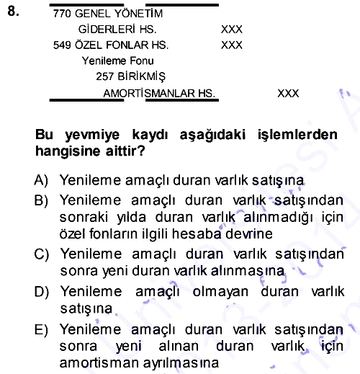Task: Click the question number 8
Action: coord(13,11)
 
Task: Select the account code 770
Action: coord(62,14)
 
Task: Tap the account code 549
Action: coord(62,45)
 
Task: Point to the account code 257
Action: coord(104,76)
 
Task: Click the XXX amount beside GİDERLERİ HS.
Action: coord(232,30)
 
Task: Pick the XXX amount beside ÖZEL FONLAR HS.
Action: coord(232,45)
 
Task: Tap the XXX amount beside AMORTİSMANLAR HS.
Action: coord(288,94)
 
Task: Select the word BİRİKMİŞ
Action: coord(141,76)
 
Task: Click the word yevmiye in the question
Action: coord(92,135)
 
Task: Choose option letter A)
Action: coord(41,180)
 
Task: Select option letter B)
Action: coord(41,200)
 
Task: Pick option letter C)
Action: coord(42,254)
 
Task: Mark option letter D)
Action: coord(42,292)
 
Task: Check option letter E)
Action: coord(41,329)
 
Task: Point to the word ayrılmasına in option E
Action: coord(181,363)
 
